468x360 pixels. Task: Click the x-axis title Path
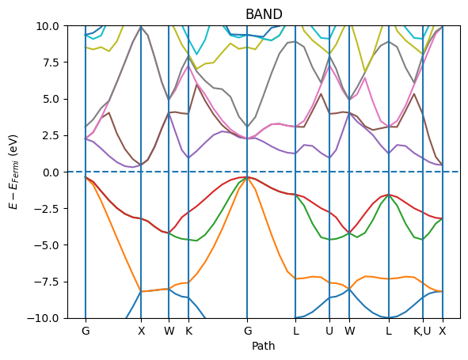coord(264,346)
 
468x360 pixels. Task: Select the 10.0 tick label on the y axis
coord(46,25)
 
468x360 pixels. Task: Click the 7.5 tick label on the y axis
coord(49,63)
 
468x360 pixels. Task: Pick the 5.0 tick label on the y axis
coord(49,99)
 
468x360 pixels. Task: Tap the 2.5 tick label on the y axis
coord(49,135)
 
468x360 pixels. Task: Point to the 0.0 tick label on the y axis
coord(49,172)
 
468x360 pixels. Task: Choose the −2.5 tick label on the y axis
coord(46,209)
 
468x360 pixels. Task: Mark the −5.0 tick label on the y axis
coord(46,245)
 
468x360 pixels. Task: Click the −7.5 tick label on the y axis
coord(46,282)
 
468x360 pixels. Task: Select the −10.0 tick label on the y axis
coord(44,318)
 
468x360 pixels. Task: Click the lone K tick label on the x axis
coord(188,331)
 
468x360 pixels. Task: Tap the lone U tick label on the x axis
coord(329,331)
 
